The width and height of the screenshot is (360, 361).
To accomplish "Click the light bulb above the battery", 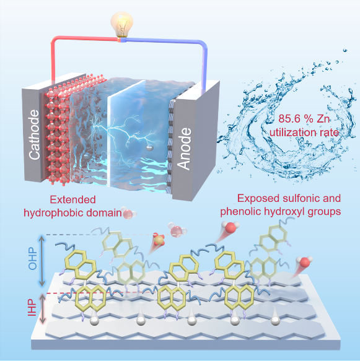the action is point(121,24).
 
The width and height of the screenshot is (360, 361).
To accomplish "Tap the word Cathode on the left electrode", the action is point(34,135).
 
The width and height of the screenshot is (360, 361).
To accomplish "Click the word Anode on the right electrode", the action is point(184,149).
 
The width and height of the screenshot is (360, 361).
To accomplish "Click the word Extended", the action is point(72,199).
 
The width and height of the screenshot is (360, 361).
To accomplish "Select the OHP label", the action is point(32,259).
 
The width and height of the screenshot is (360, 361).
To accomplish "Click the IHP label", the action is point(32,308).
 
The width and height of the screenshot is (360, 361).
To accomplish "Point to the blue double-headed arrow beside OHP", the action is point(42,261).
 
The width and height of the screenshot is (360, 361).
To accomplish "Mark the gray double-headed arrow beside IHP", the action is point(42,309).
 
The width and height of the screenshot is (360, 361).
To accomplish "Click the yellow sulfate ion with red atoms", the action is point(159,240).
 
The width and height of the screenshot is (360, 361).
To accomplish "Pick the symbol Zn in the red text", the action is point(323,119).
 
